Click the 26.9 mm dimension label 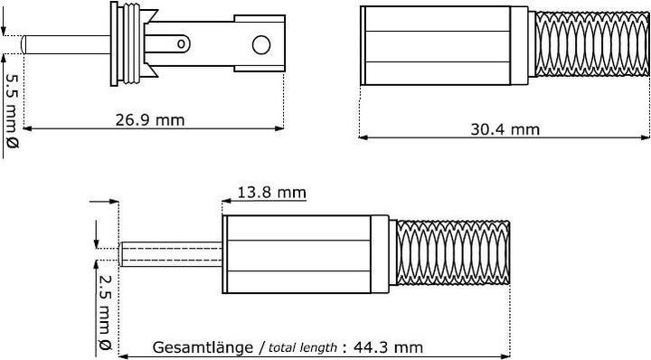click(x=150, y=120)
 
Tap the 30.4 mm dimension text click(x=505, y=129)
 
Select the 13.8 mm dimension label click(x=271, y=192)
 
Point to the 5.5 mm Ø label click(x=11, y=112)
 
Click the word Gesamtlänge click(x=203, y=347)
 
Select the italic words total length click(x=303, y=347)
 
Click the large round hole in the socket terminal click(x=261, y=44)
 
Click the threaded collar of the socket click(x=127, y=45)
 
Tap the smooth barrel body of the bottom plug click(x=307, y=254)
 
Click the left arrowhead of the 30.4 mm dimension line click(x=364, y=138)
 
